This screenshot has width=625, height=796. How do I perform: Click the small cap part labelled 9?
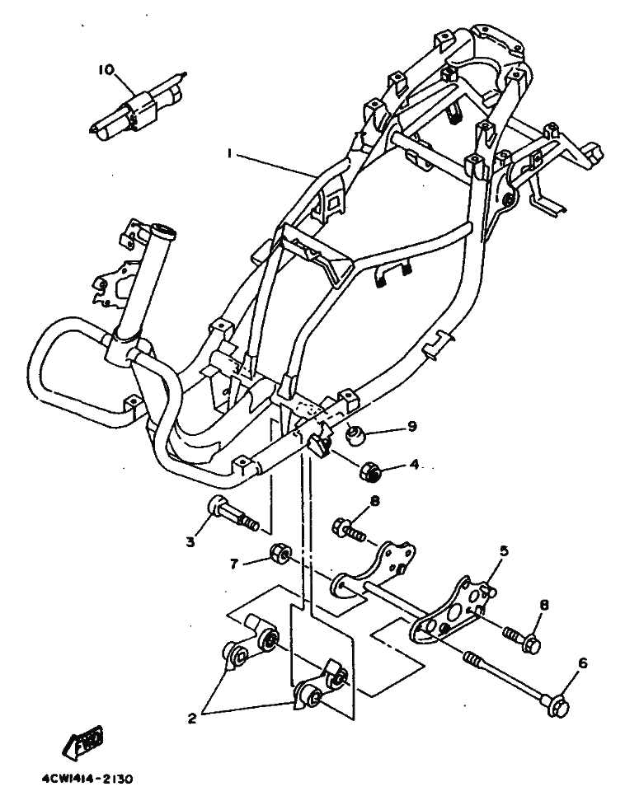[x=356, y=434]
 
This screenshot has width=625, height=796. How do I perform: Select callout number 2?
[x=191, y=718]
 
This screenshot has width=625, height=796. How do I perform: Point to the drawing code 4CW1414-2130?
[x=86, y=779]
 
